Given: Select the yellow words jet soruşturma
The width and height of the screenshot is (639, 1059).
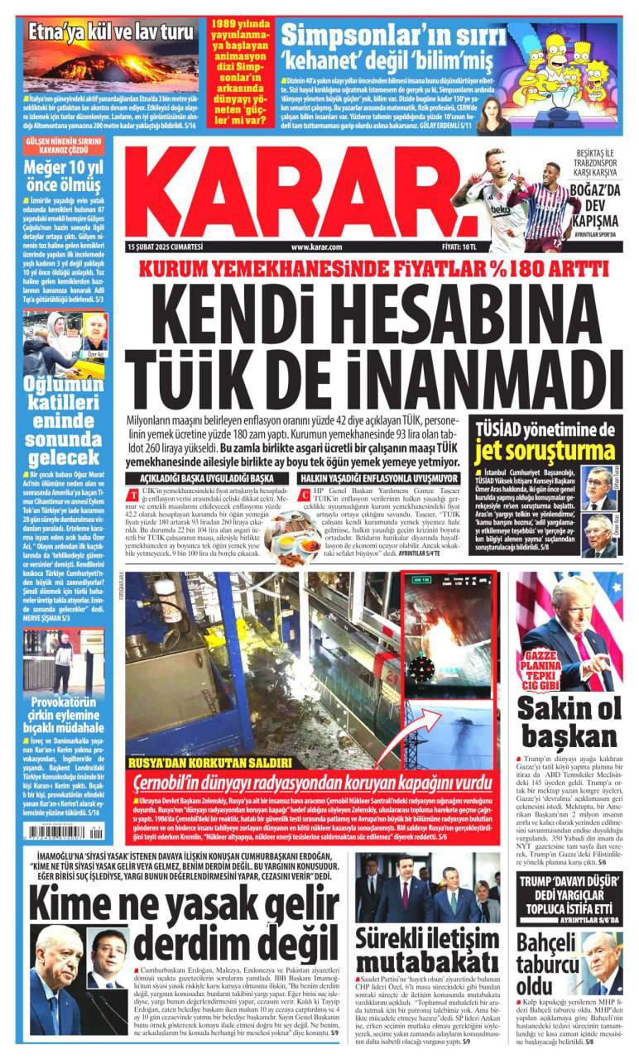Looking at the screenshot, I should click(545, 451).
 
